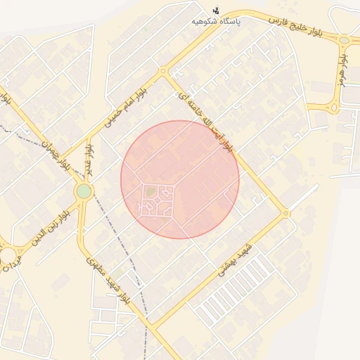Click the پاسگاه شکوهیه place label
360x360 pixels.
[x=218, y=22]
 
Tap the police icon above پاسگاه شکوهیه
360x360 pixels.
[x=216, y=11]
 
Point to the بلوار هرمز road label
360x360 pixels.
[x=342, y=70]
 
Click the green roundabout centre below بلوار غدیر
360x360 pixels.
[x=84, y=191]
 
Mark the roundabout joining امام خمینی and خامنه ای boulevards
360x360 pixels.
[x=163, y=71]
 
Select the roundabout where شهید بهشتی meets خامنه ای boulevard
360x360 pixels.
[x=285, y=213]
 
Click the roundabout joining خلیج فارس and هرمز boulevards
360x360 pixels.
[x=345, y=40]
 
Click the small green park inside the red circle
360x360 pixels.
[x=151, y=191]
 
